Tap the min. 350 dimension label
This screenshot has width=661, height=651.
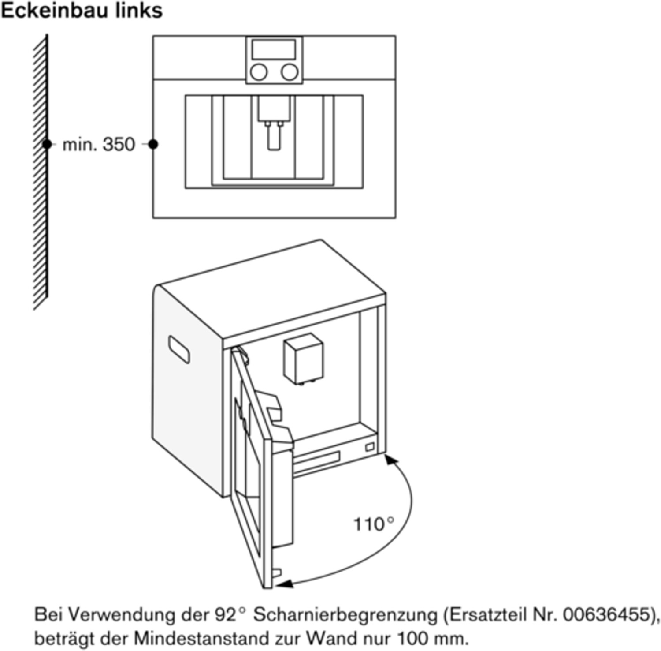[99, 144]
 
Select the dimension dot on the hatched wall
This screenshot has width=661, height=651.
[47, 144]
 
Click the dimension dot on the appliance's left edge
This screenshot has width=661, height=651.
[153, 144]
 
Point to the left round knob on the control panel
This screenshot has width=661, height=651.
[259, 72]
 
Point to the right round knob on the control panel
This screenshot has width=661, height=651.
[290, 72]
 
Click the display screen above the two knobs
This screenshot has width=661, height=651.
[274, 49]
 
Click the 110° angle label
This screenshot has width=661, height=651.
[374, 524]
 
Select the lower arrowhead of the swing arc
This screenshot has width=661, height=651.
[286, 584]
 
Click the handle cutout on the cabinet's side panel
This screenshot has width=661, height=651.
[179, 349]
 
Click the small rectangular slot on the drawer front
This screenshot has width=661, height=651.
[369, 448]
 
